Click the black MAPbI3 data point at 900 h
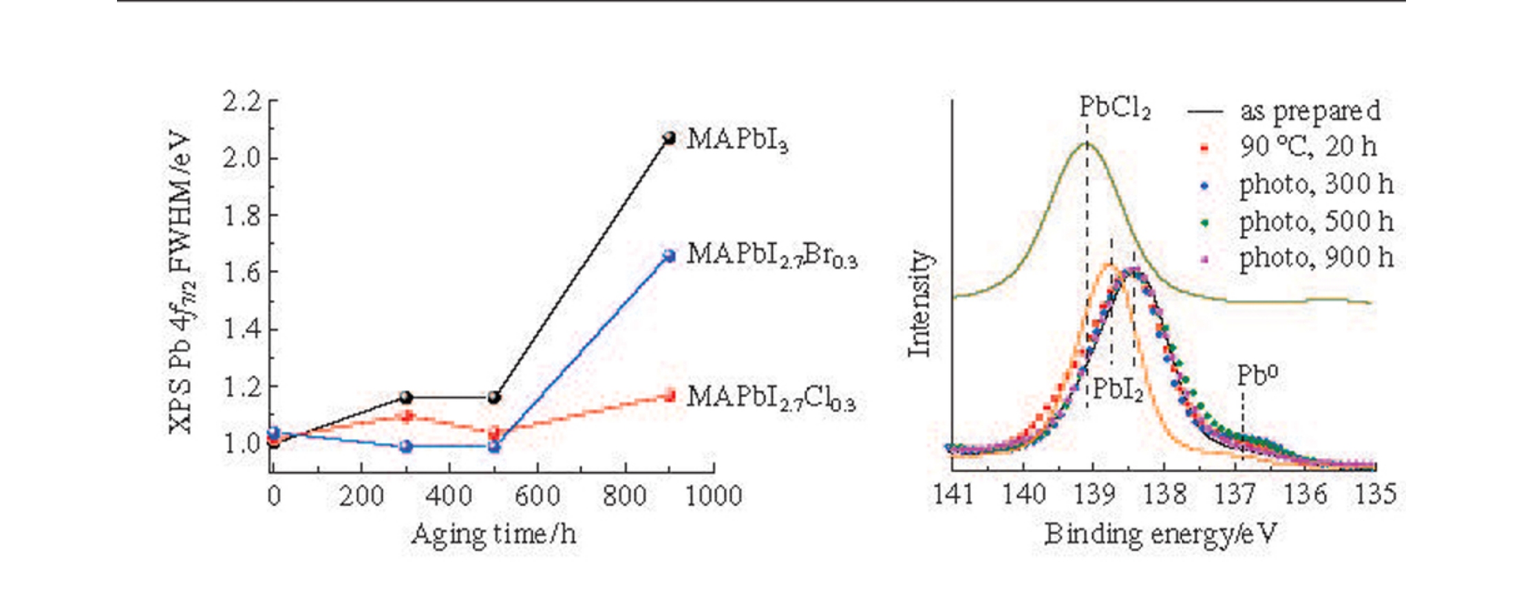tap(668, 138)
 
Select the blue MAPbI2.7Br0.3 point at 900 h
tap(668, 256)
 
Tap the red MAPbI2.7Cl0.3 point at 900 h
tap(669, 395)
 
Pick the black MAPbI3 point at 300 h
tap(406, 397)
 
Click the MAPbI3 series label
tap(737, 140)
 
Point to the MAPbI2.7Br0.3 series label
tap(771, 255)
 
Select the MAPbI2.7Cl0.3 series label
tap(771, 398)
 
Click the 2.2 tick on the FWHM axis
tap(242, 102)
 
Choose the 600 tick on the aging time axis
tap(537, 496)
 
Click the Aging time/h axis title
tap(493, 534)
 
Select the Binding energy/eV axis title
tap(1160, 534)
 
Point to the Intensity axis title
tap(919, 304)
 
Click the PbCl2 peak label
tap(1114, 108)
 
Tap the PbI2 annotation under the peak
tap(1118, 390)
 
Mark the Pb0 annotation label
tap(1257, 375)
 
